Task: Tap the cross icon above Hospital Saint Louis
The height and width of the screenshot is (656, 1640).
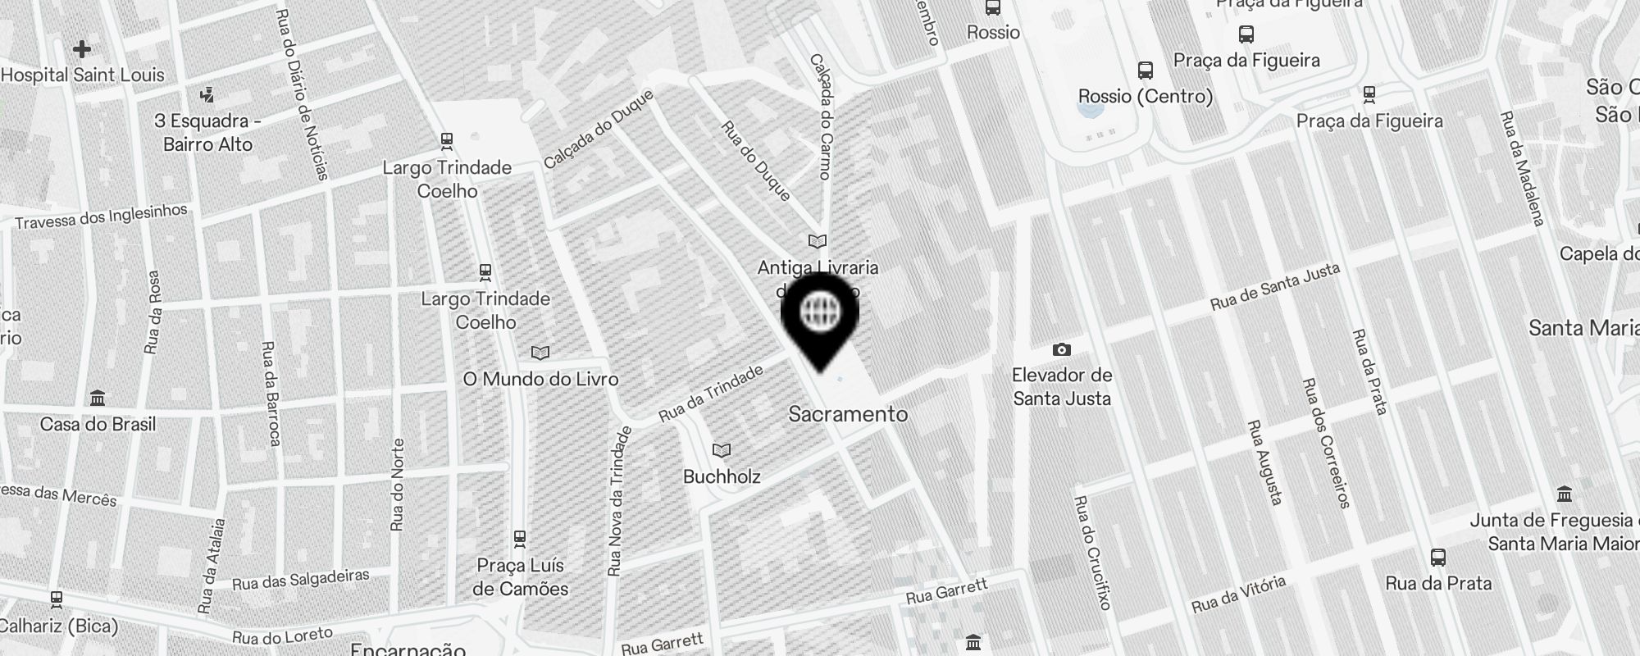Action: point(82,49)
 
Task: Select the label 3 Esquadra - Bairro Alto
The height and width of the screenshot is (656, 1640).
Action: point(208,133)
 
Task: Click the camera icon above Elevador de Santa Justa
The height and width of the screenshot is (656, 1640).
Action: point(1062,350)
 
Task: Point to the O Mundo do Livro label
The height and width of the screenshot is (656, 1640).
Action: point(540,379)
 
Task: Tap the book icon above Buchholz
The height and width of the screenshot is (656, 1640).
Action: point(722,450)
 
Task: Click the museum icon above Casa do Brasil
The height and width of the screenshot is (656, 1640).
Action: point(98,399)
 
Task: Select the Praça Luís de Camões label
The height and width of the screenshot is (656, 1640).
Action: point(520,577)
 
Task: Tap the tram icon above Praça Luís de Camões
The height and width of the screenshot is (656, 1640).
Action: point(519,539)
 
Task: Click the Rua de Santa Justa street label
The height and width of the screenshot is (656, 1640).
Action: point(1275,286)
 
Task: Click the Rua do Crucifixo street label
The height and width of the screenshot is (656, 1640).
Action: point(1091,553)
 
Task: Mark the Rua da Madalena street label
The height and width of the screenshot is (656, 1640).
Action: point(1522,168)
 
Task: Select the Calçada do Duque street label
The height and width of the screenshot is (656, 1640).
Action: point(599,129)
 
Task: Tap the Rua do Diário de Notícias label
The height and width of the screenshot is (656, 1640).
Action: point(303,94)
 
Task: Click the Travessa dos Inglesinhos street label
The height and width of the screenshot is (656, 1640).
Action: point(102,216)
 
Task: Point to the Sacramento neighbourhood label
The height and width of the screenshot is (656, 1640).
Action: point(848,414)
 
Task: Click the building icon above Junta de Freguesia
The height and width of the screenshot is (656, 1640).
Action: point(1565,494)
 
